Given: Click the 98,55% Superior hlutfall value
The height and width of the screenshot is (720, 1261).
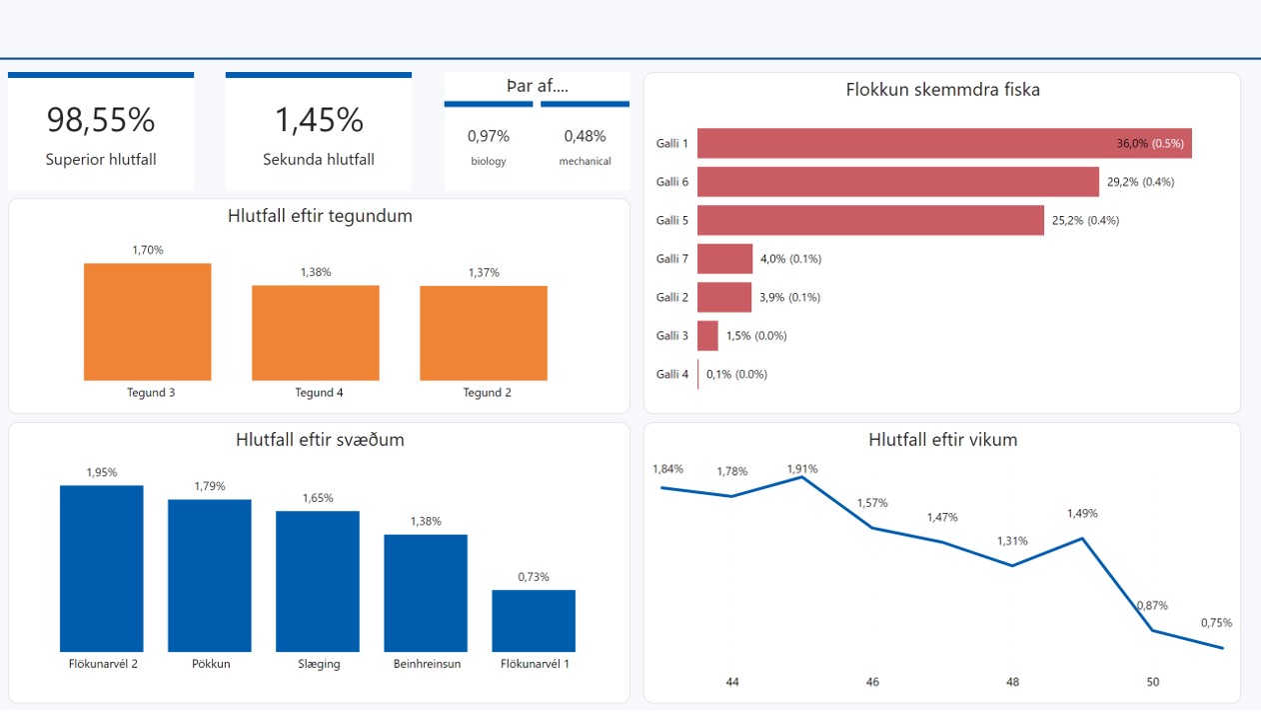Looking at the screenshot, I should (x=101, y=120).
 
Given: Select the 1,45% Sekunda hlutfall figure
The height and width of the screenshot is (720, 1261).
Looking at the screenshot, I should (x=319, y=120).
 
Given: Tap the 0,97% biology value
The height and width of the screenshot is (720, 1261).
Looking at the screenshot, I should (x=489, y=136).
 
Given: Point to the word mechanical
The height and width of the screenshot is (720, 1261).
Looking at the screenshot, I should (x=585, y=161).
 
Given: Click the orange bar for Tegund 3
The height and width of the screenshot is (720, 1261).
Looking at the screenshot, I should (x=148, y=322).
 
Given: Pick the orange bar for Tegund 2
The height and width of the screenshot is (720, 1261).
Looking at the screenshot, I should (x=484, y=333).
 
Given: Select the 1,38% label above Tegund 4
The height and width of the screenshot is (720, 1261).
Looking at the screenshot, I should (x=316, y=272).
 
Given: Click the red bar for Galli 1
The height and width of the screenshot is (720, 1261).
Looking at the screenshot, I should (x=944, y=143).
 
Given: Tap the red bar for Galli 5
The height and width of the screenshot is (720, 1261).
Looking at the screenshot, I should (x=870, y=220).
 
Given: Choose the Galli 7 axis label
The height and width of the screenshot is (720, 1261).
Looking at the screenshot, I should (x=671, y=259).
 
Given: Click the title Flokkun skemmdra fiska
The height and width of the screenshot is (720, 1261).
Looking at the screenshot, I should (x=942, y=90).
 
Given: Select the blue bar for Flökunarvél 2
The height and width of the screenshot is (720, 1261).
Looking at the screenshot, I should (x=102, y=568).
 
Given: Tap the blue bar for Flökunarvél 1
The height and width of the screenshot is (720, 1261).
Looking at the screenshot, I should (x=534, y=621).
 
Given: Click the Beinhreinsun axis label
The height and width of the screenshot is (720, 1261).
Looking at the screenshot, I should (x=427, y=663).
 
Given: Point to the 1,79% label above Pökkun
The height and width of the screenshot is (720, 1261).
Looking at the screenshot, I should (x=209, y=486).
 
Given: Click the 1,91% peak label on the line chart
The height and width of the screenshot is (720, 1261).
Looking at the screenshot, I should (x=801, y=468).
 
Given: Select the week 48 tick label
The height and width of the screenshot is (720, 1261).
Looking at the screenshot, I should (x=1012, y=682).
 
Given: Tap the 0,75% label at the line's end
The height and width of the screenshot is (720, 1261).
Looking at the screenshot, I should (x=1216, y=622).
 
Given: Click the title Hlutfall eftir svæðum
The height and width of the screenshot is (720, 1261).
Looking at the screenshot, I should (x=320, y=440).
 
